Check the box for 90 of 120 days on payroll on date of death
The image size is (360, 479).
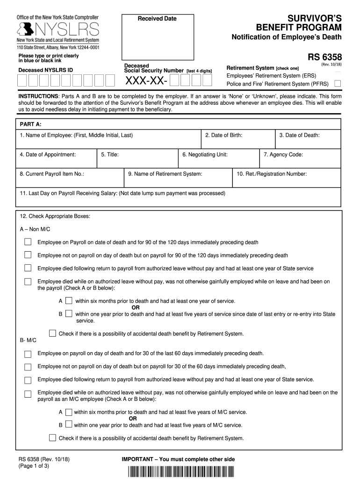coord(28,242)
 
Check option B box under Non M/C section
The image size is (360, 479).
coord(69,313)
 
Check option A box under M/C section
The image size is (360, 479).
coord(69,412)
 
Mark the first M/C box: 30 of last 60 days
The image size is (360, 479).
coord(28,354)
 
